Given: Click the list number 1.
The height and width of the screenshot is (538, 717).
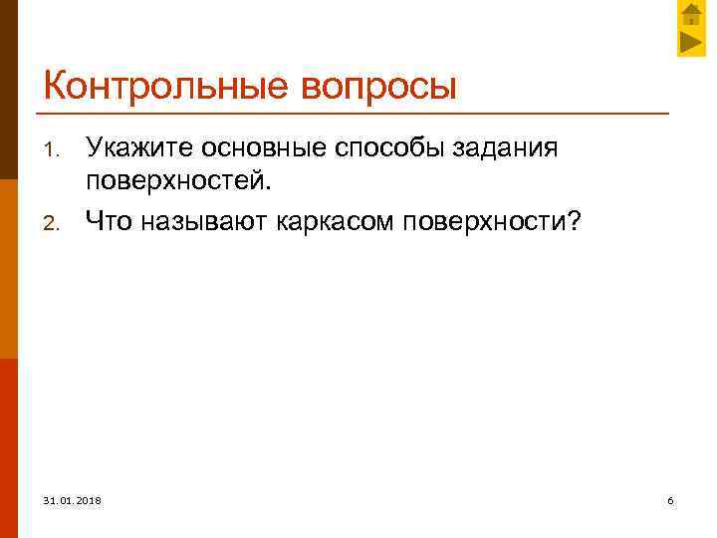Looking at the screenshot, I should pos(56,151).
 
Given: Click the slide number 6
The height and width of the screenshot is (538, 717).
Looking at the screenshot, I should pos(670,499).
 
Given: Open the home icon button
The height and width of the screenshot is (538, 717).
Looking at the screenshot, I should pos(692,15).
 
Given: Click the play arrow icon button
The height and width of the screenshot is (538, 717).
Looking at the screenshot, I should pos(692,43).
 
